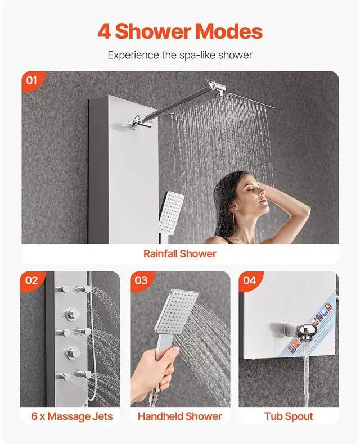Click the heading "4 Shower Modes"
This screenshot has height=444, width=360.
click(x=180, y=31)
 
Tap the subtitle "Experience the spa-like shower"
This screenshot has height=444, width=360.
click(x=180, y=55)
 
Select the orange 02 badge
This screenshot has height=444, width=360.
click(x=32, y=281)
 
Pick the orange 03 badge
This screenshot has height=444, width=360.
click(x=142, y=281)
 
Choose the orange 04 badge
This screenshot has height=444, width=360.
click(x=250, y=281)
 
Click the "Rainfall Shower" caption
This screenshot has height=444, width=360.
click(x=180, y=253)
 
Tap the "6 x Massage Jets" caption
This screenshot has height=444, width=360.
click(x=71, y=416)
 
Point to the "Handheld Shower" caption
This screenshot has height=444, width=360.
click(x=180, y=416)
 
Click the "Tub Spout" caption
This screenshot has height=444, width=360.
click(x=289, y=416)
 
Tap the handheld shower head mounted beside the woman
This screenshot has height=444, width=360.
click(x=171, y=211)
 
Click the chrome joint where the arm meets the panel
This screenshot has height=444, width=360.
click(x=140, y=123)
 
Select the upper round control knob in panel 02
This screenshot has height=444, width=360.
click(x=70, y=313)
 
